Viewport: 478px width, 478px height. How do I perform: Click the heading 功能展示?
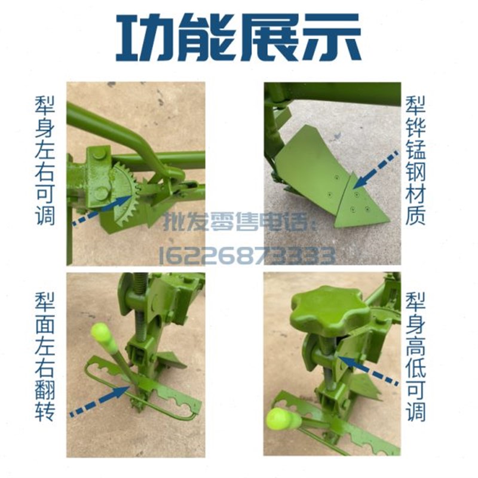click(239, 37)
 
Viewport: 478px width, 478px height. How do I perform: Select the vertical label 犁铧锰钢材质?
click(415, 160)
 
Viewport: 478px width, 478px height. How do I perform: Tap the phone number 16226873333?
click(246, 255)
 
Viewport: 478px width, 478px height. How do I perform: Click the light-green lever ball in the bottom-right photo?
click(283, 418)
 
